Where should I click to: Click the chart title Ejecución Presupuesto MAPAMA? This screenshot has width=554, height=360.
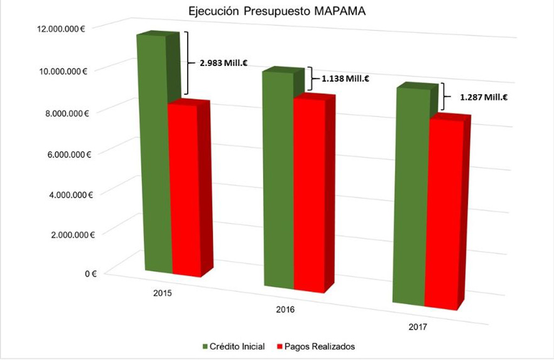276,11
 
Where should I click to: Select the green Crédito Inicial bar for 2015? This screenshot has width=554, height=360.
151,152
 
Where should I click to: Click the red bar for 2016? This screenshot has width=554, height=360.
309,195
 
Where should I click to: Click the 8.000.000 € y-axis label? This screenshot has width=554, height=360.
66,113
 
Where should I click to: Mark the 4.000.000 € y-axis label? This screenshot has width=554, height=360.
66,194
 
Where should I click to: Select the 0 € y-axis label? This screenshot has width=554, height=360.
90,274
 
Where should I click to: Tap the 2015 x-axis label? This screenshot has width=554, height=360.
162,293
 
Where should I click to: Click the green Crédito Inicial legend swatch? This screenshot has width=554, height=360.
206,345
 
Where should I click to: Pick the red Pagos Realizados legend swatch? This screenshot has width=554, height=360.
280,345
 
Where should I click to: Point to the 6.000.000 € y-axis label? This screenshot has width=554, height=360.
66,154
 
